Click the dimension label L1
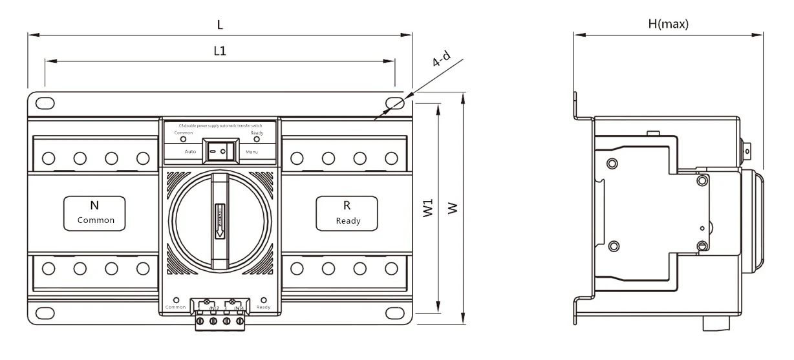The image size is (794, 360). click(x=220, y=50)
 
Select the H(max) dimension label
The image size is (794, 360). click(x=669, y=25)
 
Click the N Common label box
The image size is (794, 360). click(x=94, y=213)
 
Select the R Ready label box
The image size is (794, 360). click(x=347, y=213)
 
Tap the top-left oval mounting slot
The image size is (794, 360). click(x=45, y=103)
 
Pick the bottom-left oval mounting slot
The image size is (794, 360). click(x=45, y=313)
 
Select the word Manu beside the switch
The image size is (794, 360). click(x=252, y=151)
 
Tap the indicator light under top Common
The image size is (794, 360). click(x=183, y=139)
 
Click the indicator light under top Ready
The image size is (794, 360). click(x=256, y=139)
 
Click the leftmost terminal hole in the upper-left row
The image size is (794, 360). click(x=48, y=158)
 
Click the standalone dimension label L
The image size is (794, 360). click(x=220, y=25)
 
